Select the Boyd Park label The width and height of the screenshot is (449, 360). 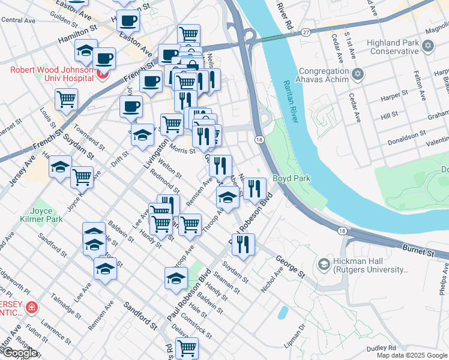tap(291, 178)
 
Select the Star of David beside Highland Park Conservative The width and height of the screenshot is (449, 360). tap(428, 46)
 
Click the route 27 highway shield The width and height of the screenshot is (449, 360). tap(306, 32)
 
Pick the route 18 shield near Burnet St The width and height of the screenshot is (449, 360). tap(342, 230)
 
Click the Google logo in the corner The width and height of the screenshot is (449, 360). tap(20, 353)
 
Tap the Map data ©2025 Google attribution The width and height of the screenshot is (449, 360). tap(412, 355)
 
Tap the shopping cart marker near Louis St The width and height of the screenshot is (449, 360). tap(66, 100)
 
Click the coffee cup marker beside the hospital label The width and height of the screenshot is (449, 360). tap(104, 59)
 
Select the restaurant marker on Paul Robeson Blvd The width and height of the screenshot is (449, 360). tap(243, 244)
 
